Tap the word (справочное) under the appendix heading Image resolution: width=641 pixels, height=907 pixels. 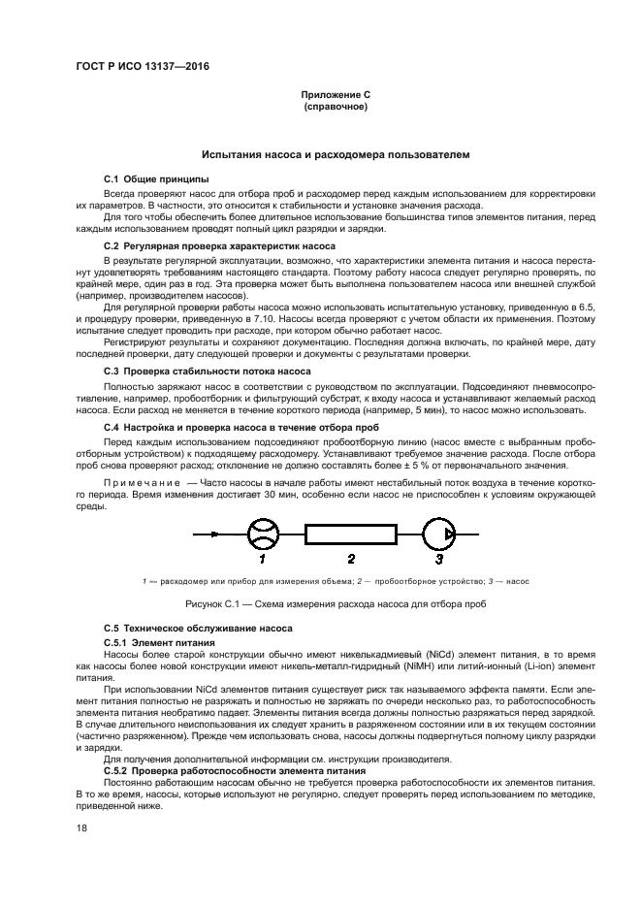coord(335,107)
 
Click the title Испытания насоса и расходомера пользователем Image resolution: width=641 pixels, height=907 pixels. coord(335,154)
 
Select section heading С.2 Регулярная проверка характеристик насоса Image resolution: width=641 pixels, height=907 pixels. coord(219,246)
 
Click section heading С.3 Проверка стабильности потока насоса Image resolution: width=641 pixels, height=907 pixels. coord(207,372)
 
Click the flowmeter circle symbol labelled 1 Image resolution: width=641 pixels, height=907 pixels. coord(261,534)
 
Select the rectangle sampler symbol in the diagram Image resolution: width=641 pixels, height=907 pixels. coord(350,534)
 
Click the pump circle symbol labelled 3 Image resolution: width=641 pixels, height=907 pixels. coord(439,534)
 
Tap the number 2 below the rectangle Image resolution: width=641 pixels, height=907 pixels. coord(351,560)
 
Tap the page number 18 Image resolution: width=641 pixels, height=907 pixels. coord(81,829)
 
